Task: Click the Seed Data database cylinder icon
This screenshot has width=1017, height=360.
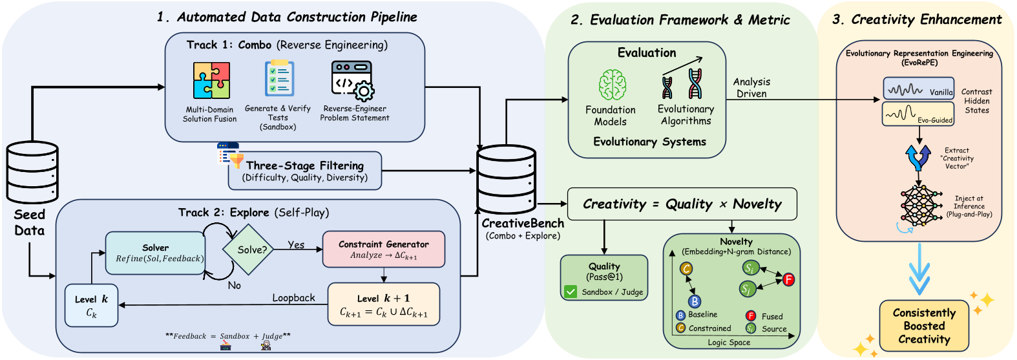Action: tap(32, 173)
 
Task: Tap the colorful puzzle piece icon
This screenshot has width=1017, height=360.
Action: tap(211, 80)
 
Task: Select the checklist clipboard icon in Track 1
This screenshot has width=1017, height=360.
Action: tap(279, 79)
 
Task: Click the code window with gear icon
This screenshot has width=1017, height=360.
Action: tap(352, 80)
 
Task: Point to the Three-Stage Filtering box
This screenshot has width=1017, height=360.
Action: tap(304, 171)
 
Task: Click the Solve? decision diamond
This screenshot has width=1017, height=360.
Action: tap(252, 249)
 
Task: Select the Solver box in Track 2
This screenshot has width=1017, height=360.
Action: tap(155, 253)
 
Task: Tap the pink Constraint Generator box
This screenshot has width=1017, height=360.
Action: tap(383, 249)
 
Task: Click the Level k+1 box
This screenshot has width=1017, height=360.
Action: tap(383, 304)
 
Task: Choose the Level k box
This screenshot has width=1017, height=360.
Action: tap(91, 306)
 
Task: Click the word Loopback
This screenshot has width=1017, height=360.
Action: tap(293, 298)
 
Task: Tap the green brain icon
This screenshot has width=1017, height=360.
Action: tap(612, 85)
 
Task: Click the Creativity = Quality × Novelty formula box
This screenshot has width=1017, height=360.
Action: tap(682, 204)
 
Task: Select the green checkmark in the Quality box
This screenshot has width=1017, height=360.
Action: tap(571, 292)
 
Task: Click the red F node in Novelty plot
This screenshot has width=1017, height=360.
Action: tap(788, 279)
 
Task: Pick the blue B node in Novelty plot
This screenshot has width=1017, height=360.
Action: tap(695, 301)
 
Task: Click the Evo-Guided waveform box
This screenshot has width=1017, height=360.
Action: tap(918, 115)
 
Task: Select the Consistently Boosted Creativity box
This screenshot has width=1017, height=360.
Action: tap(924, 326)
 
